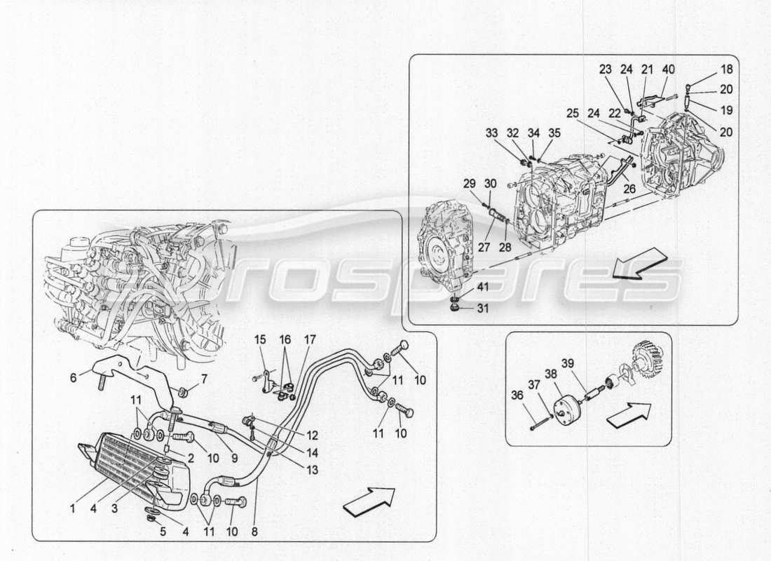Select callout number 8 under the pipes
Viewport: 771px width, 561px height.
click(254, 532)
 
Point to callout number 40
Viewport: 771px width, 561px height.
click(669, 69)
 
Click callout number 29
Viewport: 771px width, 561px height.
click(470, 184)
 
